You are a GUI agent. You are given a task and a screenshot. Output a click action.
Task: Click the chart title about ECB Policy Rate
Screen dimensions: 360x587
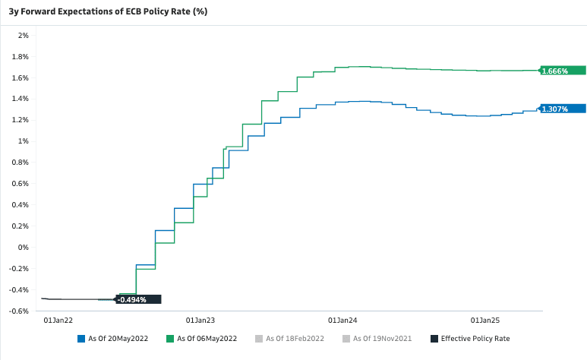tap(107, 11)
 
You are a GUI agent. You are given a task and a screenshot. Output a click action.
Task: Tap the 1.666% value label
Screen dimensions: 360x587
tap(555, 71)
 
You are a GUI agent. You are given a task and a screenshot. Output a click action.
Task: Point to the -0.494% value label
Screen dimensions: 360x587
tap(131, 300)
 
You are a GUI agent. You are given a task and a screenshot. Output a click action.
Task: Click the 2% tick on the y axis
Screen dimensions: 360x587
tap(23, 35)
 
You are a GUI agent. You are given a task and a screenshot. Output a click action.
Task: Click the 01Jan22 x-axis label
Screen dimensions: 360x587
tap(58, 321)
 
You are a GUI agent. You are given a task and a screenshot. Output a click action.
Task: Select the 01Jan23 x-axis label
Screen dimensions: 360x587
tap(200, 321)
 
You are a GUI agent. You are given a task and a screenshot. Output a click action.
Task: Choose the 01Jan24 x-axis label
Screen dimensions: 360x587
tap(342, 321)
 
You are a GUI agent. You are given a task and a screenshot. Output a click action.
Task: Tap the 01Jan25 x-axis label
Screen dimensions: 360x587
tap(485, 321)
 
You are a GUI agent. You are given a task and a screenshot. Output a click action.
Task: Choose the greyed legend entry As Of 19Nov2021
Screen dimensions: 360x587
tap(382, 339)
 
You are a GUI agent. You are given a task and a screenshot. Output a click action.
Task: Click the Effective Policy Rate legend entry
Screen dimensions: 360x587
tap(475, 339)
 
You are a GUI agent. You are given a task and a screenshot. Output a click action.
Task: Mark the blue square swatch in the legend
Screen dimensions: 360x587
tap(81, 339)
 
